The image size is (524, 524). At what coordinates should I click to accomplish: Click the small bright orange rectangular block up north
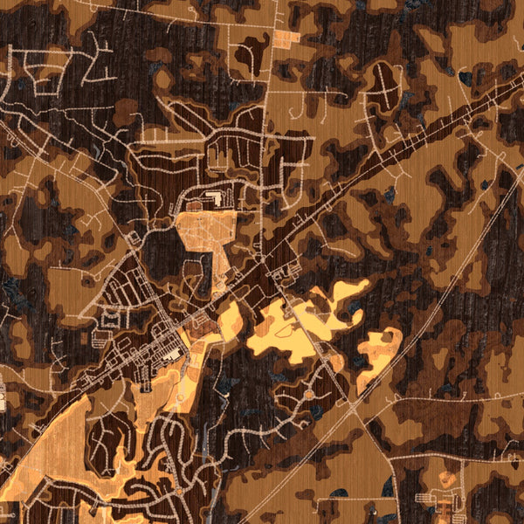(286, 37)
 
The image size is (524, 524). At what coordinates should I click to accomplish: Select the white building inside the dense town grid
(173, 354)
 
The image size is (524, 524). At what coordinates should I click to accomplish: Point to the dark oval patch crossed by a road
(385, 84)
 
